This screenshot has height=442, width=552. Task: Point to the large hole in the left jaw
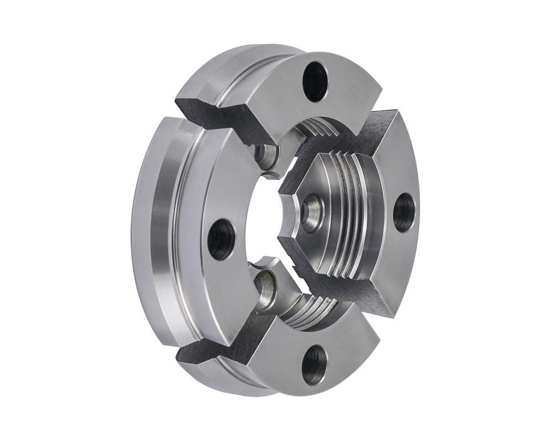(221, 239)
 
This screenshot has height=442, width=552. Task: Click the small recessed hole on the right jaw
(313, 211)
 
